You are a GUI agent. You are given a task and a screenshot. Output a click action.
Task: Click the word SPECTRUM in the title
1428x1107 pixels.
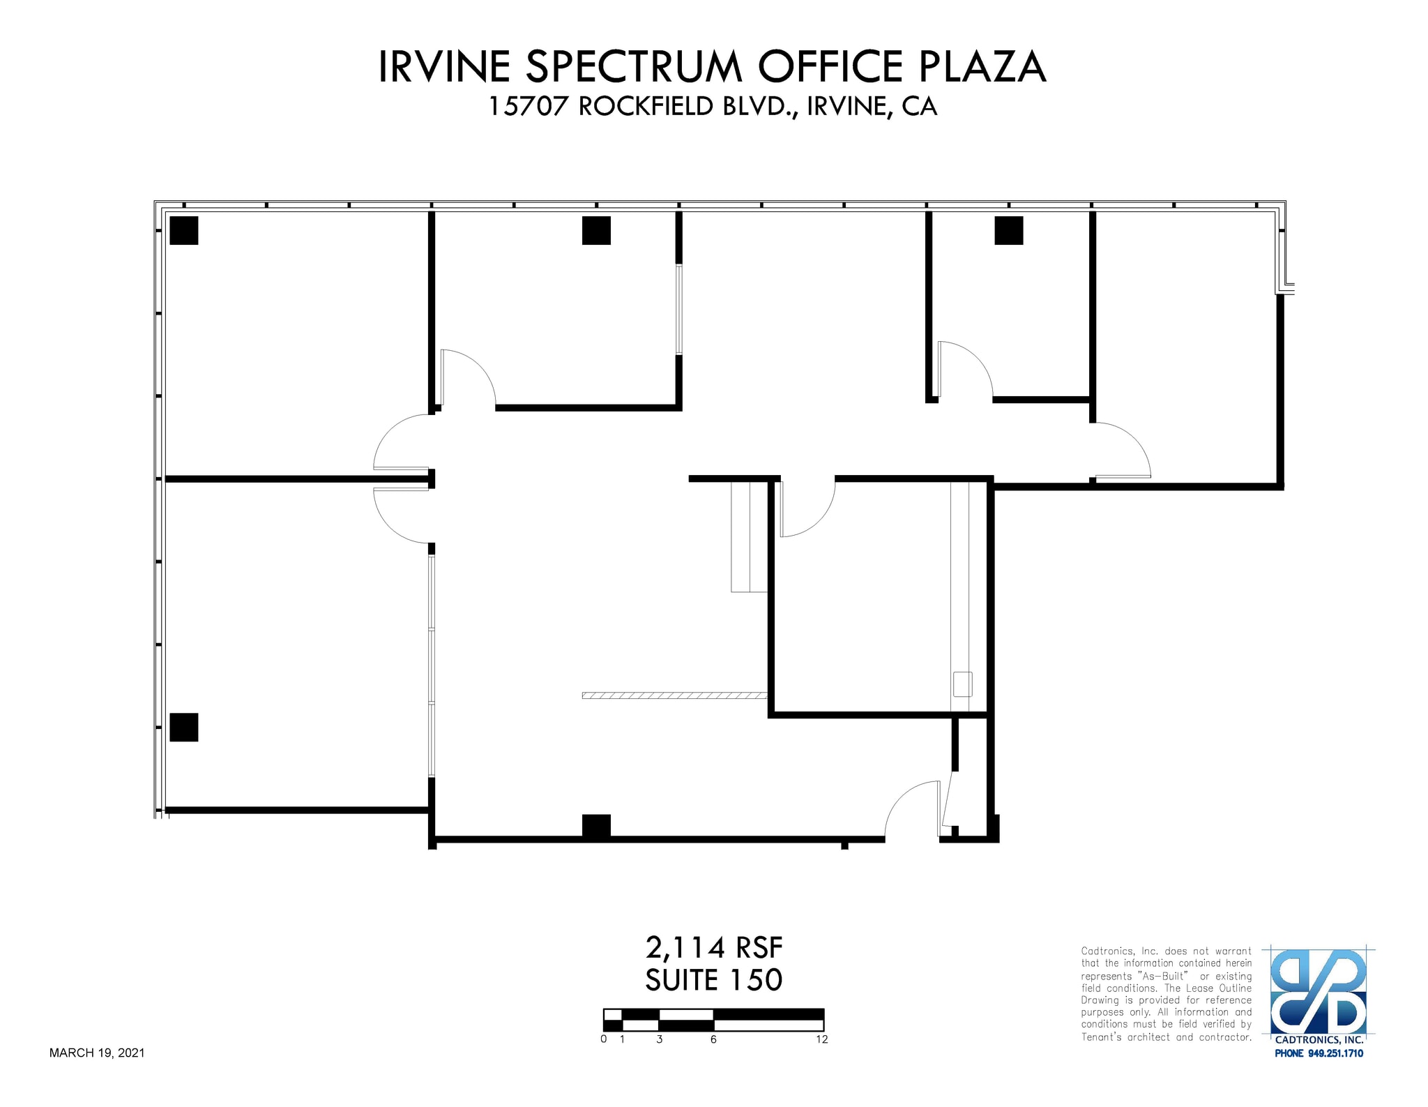pos(633,68)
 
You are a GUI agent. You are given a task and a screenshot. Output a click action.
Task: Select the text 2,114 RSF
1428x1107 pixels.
pos(714,948)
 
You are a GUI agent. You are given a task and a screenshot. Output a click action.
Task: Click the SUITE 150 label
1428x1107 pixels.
pos(714,980)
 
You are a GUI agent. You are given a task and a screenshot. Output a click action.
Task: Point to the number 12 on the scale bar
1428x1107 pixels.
pos(821,1039)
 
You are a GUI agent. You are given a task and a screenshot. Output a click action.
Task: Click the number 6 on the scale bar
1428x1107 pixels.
pos(713,1039)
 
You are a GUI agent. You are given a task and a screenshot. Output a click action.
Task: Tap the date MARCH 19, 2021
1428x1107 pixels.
pos(97,1053)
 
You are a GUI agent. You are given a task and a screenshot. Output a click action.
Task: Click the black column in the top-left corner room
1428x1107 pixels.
pos(184,230)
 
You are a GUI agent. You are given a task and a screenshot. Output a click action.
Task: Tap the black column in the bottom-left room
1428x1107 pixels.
pos(184,727)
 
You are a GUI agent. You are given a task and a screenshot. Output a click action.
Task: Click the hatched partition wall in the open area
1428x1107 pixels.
pos(674,695)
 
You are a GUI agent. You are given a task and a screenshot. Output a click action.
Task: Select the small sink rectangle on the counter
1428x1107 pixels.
pos(962,684)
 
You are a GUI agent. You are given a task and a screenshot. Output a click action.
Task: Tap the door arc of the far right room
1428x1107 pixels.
pos(1123,450)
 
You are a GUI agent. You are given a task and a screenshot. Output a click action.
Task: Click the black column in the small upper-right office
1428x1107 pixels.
pos(1008,230)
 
